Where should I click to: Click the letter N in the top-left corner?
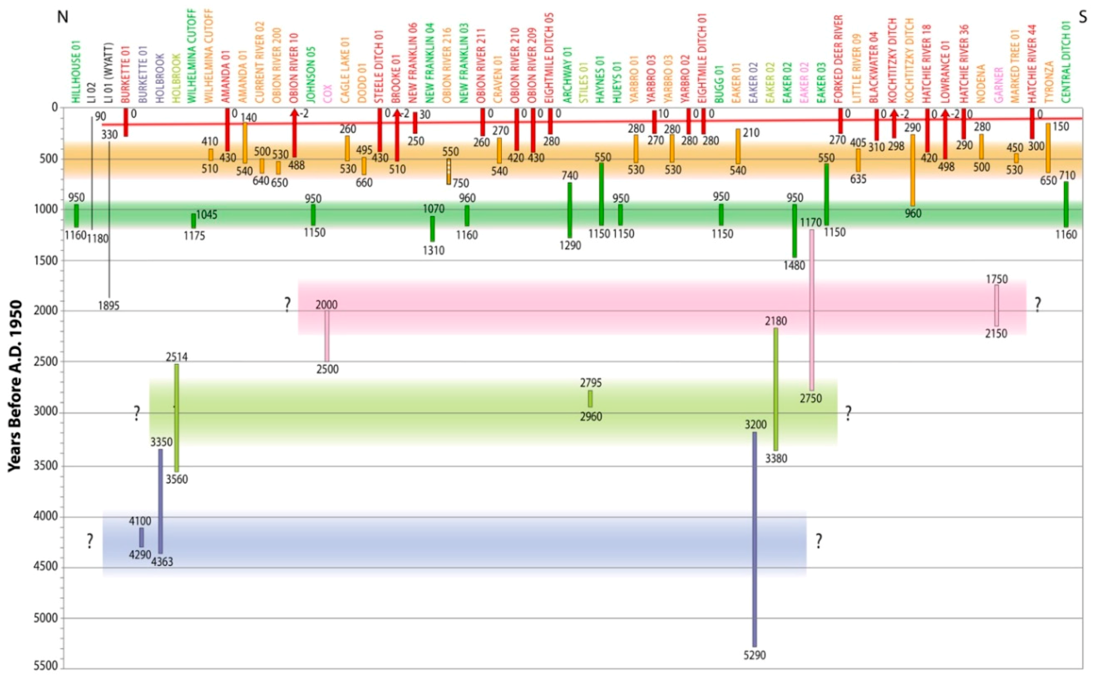click(x=62, y=17)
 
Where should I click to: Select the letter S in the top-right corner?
click(x=1083, y=17)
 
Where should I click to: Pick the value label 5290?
click(x=755, y=655)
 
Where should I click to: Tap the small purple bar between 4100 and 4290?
click(x=142, y=537)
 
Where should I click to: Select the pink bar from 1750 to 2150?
click(x=997, y=306)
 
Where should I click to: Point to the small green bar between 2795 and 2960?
click(x=590, y=399)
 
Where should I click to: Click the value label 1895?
click(x=109, y=306)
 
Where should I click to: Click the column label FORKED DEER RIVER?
click(x=839, y=58)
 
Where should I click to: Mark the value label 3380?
click(x=776, y=459)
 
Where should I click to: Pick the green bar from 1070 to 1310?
click(x=432, y=229)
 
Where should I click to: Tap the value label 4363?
click(x=162, y=562)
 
